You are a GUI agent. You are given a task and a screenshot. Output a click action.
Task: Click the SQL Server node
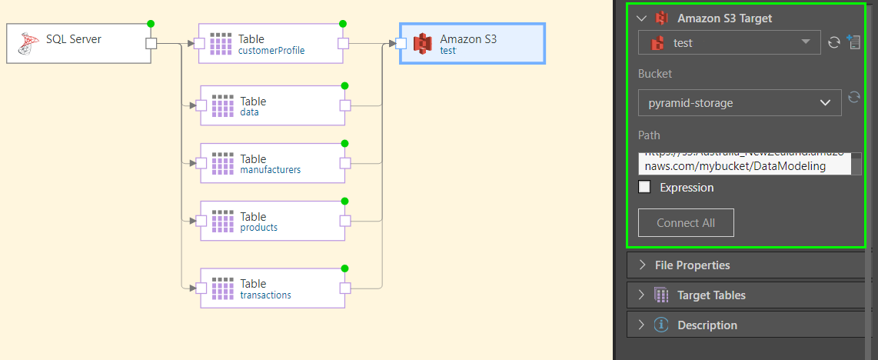[x=77, y=43]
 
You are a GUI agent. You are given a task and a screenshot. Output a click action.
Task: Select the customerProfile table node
[x=271, y=44]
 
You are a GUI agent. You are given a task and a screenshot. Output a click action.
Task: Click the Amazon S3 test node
[x=472, y=44]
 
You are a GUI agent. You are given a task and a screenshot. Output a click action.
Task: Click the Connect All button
[x=686, y=222]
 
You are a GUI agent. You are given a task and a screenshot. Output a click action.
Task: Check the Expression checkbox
[x=645, y=187]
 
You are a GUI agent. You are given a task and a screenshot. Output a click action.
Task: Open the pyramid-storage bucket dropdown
[x=739, y=102]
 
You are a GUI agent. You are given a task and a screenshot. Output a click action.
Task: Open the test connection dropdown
[x=729, y=42]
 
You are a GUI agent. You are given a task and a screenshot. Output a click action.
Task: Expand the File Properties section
[x=692, y=265]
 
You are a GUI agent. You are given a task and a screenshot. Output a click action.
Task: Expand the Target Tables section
[x=710, y=295]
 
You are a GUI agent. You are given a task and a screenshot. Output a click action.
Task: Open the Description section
[x=707, y=325]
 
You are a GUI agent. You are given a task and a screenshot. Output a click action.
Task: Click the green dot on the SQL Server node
[x=151, y=24]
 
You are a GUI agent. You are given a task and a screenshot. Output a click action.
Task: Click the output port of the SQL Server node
[x=151, y=44]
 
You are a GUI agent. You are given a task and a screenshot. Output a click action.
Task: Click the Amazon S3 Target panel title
[x=724, y=18]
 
